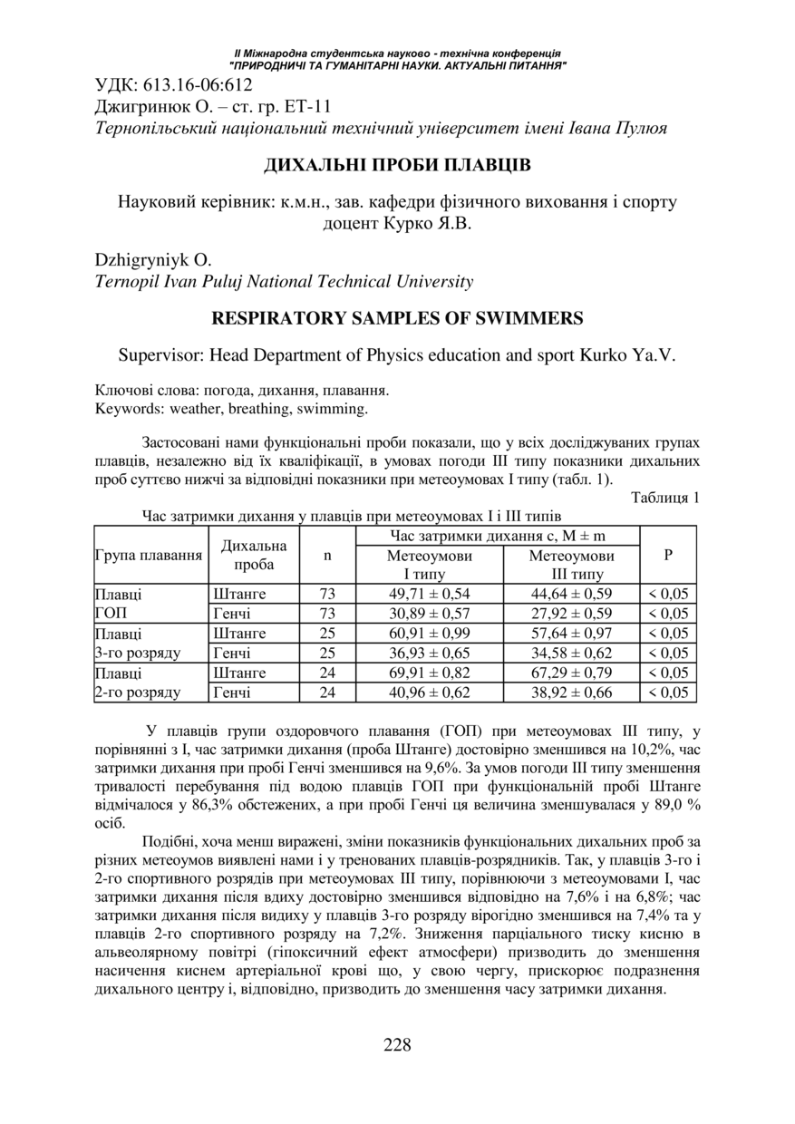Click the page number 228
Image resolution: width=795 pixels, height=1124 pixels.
tap(397, 1044)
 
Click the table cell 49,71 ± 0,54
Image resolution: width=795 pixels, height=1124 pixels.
tap(430, 595)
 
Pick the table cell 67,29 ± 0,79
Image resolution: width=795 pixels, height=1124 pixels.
tap(571, 673)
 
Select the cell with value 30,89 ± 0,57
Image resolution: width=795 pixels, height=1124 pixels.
tap(430, 614)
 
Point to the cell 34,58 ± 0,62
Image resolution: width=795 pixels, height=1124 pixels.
tap(571, 654)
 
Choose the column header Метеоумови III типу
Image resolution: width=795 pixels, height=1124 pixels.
tap(571, 565)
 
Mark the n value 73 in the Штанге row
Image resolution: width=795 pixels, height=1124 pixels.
tap(327, 595)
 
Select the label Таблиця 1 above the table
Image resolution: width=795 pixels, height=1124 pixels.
tap(665, 497)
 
